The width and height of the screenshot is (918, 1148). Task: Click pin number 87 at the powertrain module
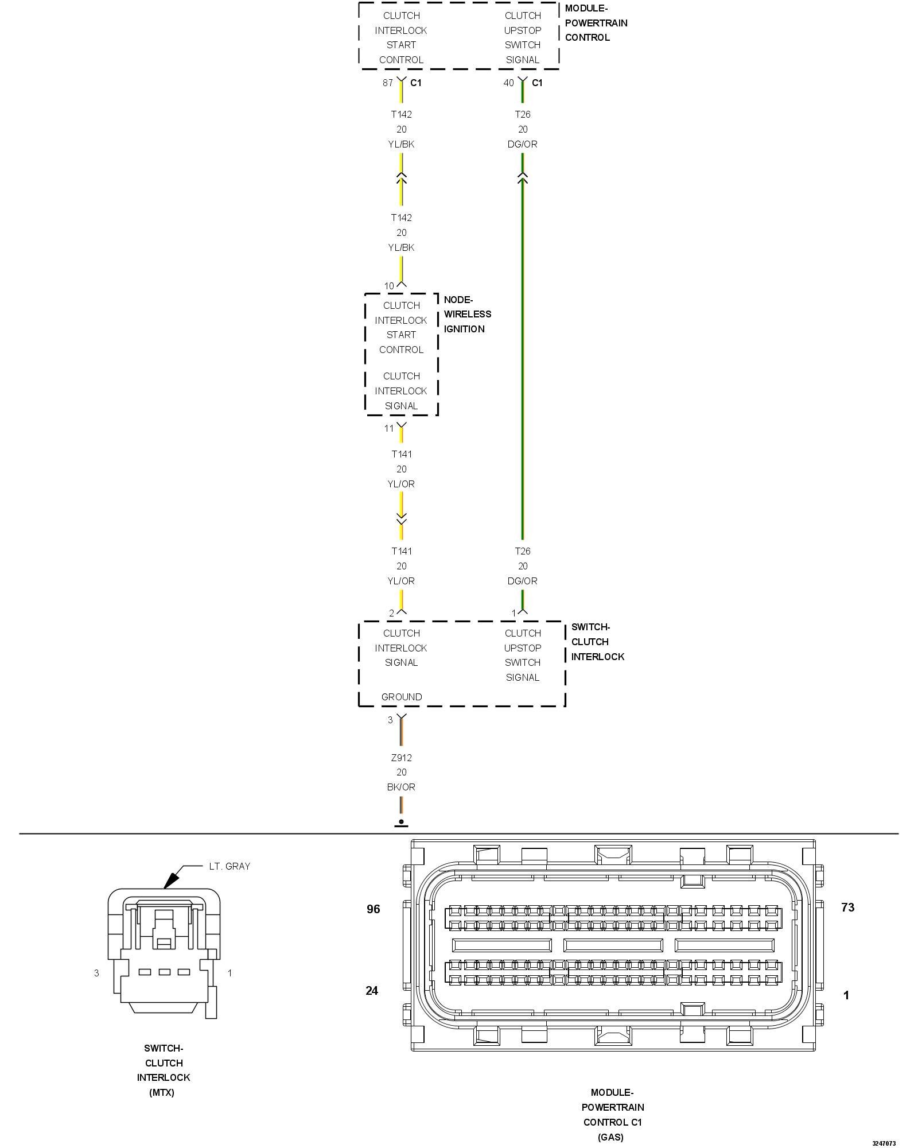pos(388,83)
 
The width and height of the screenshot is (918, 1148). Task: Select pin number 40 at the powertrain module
pos(508,83)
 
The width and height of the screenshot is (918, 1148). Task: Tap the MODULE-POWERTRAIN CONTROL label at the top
pos(596,23)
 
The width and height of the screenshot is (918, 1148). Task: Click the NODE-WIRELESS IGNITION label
pos(467,314)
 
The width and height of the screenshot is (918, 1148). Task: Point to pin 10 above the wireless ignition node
pos(389,286)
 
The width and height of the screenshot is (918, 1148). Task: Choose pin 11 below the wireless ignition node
pos(389,428)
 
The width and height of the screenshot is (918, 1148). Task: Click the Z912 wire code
pos(401,758)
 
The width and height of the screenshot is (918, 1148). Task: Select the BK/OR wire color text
pos(401,787)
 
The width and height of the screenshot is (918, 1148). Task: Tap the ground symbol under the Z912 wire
pos(401,823)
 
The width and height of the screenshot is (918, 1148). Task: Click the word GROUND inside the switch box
pos(401,697)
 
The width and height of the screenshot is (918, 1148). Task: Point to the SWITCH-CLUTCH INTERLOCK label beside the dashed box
pos(597,642)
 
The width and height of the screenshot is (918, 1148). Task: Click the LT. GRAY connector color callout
pos(229,866)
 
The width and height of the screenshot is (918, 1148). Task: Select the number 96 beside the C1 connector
pos(374,909)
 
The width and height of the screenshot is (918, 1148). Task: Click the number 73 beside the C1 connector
pos(847,907)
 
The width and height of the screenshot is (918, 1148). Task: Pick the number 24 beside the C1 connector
pos(372,990)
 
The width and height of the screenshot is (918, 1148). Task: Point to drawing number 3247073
pos(884,1143)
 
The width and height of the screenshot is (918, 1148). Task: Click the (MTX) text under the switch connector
pos(162,1092)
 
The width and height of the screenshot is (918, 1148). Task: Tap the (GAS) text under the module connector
pos(610,1137)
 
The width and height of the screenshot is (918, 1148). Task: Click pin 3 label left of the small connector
pos(96,972)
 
